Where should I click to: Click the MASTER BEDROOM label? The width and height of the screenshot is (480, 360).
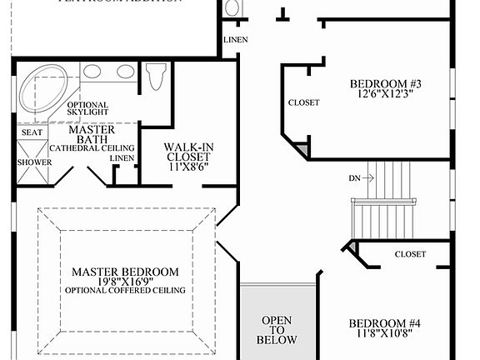click(x=125, y=272)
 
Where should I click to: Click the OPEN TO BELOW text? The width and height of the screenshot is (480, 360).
click(x=277, y=330)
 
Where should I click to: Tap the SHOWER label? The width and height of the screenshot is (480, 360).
click(x=34, y=162)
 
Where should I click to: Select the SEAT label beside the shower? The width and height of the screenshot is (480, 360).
click(x=32, y=132)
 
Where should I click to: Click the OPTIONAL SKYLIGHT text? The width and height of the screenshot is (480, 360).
click(x=87, y=106)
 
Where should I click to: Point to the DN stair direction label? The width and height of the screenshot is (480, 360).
click(x=355, y=179)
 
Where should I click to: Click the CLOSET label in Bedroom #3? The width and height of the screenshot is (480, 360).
click(x=303, y=102)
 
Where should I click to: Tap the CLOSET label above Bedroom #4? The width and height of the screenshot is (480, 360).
click(x=410, y=254)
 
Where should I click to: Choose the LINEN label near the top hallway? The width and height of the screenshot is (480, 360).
click(x=235, y=40)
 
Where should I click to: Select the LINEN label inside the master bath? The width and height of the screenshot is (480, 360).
click(x=122, y=158)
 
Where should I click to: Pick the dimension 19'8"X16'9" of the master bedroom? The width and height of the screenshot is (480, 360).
click(x=125, y=282)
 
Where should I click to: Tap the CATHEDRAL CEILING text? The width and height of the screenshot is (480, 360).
click(x=92, y=148)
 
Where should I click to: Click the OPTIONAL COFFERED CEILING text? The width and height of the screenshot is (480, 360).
click(x=125, y=291)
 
